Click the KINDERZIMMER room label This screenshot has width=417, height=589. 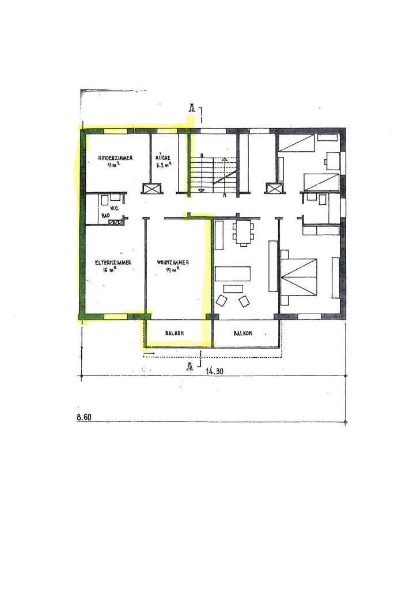tap(115, 158)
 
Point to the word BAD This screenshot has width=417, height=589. tap(105, 216)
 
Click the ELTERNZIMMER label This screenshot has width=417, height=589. tap(113, 262)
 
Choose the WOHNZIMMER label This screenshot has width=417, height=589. tap(173, 262)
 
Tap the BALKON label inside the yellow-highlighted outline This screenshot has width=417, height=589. tap(174, 333)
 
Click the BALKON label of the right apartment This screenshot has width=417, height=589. tap(242, 333)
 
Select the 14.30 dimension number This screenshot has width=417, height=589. tap(215, 371)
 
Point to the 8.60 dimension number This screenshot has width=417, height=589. tap(84, 416)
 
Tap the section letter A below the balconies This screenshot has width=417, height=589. tap(190, 366)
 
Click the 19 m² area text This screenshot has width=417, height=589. tap(173, 269)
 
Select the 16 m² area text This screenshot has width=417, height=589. tap(109, 269)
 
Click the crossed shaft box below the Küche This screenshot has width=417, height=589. tap(152, 188)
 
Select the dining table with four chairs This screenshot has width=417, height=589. tap(243, 233)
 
